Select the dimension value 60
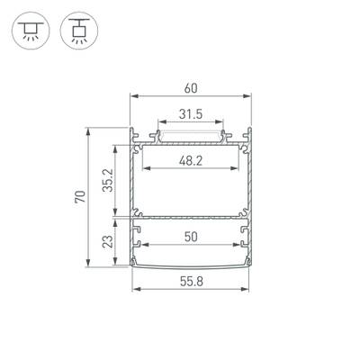[191, 87]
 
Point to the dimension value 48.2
[190, 160]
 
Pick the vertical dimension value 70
[80, 196]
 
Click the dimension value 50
[190, 237]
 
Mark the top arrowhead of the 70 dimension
[88, 130]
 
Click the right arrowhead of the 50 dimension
[238, 246]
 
